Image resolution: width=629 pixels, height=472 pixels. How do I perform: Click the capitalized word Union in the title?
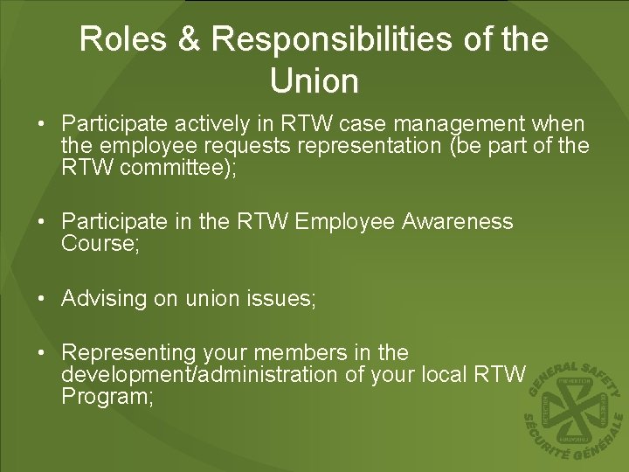tap(314, 81)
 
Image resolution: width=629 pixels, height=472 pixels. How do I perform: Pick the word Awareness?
tap(458, 222)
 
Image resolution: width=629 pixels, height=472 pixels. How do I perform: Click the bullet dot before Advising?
tap(42, 299)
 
